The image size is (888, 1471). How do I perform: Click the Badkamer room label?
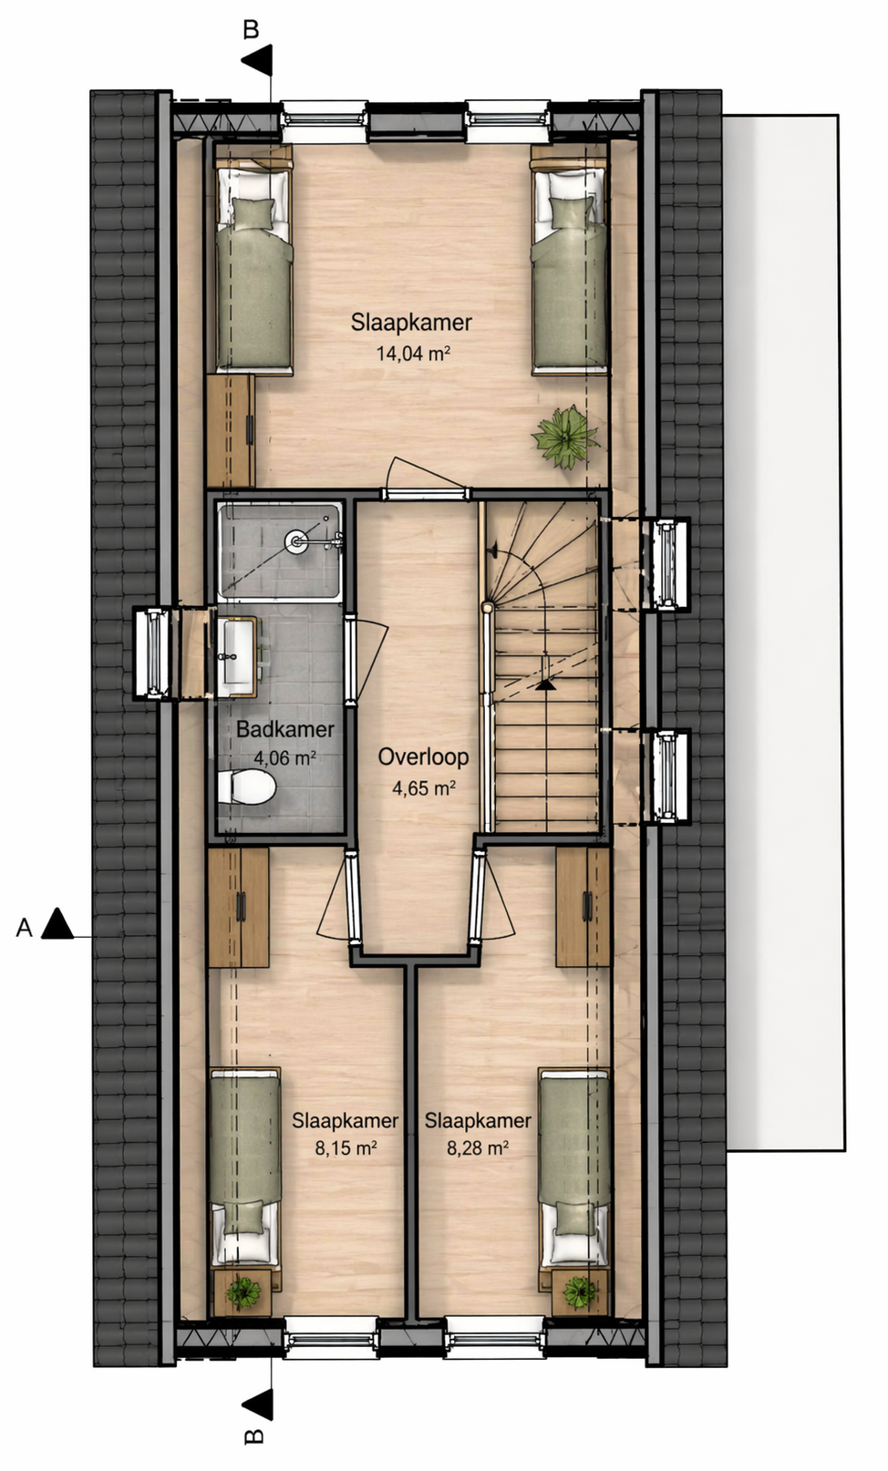tap(285, 729)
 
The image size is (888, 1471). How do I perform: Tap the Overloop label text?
tap(423, 757)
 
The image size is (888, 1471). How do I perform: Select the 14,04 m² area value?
tap(412, 354)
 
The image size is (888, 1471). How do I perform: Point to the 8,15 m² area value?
tap(346, 1147)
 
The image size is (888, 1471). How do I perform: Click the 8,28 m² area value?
tap(478, 1147)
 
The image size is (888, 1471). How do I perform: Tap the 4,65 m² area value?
tap(424, 787)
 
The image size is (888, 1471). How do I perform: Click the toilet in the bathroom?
tap(246, 787)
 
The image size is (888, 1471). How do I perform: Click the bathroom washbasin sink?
tap(237, 656)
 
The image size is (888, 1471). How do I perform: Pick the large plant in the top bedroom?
tap(565, 437)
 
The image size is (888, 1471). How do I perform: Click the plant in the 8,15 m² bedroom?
tap(243, 1291)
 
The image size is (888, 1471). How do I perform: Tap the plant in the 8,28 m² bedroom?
tap(580, 1291)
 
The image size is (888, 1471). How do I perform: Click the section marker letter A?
tap(25, 927)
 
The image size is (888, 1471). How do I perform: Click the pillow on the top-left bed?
tap(253, 213)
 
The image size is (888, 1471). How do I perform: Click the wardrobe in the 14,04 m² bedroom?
tap(231, 430)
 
